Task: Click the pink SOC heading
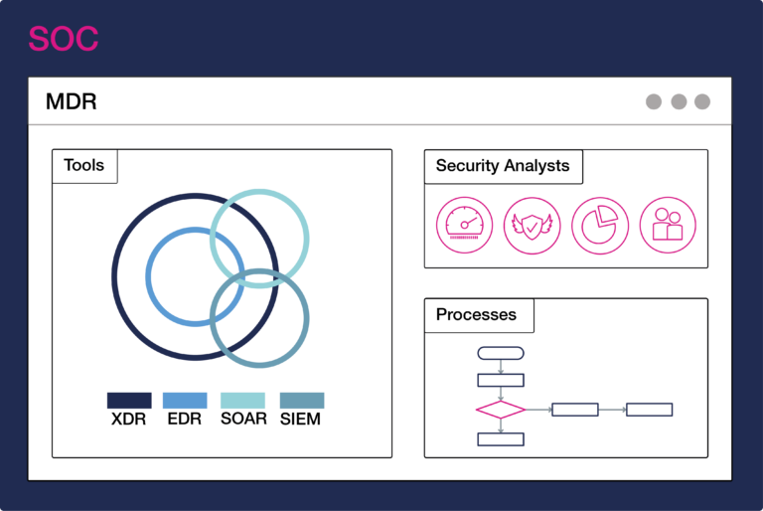click(x=63, y=39)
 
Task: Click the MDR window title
click(x=72, y=101)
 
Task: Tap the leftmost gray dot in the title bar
click(x=654, y=101)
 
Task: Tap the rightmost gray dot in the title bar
click(x=702, y=101)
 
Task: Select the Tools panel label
click(x=83, y=166)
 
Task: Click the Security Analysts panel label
click(x=503, y=166)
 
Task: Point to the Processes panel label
click(x=477, y=315)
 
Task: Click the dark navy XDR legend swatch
click(x=129, y=400)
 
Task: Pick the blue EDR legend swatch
click(x=185, y=400)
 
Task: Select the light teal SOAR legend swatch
click(x=242, y=400)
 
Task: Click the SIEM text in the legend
click(x=301, y=420)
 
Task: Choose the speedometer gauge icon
click(x=464, y=224)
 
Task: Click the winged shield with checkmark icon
click(x=532, y=224)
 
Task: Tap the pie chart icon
click(x=599, y=224)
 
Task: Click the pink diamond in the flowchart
click(x=501, y=409)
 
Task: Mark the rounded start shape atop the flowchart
click(x=501, y=353)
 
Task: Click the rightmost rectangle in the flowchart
click(x=650, y=409)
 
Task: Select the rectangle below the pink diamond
click(x=501, y=439)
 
